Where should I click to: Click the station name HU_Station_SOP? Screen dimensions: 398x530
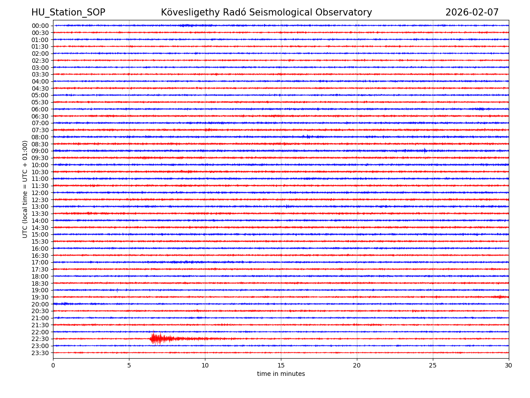click(68, 12)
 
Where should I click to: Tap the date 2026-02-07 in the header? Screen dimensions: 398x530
click(472, 12)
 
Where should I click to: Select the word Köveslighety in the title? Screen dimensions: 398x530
click(184, 12)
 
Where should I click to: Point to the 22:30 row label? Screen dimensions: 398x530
click(40, 339)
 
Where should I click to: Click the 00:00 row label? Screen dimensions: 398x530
click(40, 26)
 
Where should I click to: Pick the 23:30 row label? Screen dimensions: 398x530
click(40, 353)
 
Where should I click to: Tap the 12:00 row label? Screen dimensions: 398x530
click(40, 193)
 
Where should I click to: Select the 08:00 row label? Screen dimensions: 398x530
click(40, 137)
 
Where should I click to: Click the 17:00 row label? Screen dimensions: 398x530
click(40, 262)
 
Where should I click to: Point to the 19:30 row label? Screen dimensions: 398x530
click(40, 297)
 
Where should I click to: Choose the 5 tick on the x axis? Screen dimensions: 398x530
click(129, 365)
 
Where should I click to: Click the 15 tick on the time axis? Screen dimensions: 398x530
click(281, 365)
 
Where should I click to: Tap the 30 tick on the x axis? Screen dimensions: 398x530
click(509, 365)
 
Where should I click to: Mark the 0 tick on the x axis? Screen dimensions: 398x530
click(53, 365)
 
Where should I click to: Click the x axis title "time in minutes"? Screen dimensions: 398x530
click(281, 374)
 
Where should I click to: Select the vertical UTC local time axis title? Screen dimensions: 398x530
click(25, 189)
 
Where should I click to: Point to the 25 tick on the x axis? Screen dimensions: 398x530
click(433, 365)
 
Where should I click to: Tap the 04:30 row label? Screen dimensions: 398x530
click(40, 88)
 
